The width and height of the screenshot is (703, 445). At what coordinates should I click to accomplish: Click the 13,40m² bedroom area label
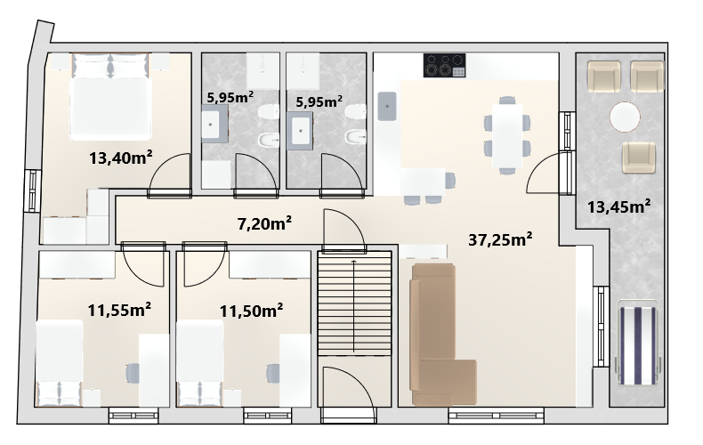click(121, 158)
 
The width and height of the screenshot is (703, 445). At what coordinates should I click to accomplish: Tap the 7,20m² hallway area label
click(264, 223)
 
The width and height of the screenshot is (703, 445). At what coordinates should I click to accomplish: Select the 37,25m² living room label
click(500, 239)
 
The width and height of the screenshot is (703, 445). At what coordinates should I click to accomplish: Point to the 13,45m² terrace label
click(618, 206)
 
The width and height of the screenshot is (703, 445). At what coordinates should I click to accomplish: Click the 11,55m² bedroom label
click(119, 309)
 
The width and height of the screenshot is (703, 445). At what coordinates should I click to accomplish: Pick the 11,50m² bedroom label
click(251, 311)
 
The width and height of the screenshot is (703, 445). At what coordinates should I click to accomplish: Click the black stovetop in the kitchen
click(444, 66)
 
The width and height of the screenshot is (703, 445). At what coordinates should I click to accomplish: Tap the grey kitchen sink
click(386, 106)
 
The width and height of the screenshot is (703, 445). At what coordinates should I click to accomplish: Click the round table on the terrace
click(625, 117)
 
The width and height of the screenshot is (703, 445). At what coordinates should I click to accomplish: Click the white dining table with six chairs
click(507, 135)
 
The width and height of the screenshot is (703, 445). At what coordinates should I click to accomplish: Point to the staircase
click(354, 303)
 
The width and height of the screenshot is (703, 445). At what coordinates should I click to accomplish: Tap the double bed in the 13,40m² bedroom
click(110, 96)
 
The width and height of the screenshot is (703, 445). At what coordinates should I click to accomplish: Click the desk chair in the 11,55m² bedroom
click(133, 373)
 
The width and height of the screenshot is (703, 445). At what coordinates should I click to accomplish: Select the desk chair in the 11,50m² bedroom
click(272, 374)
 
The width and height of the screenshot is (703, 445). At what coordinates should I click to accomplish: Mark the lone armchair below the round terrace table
click(638, 158)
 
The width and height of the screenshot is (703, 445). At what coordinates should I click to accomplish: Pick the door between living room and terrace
click(544, 173)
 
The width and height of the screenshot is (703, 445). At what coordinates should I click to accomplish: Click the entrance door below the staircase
click(349, 394)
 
